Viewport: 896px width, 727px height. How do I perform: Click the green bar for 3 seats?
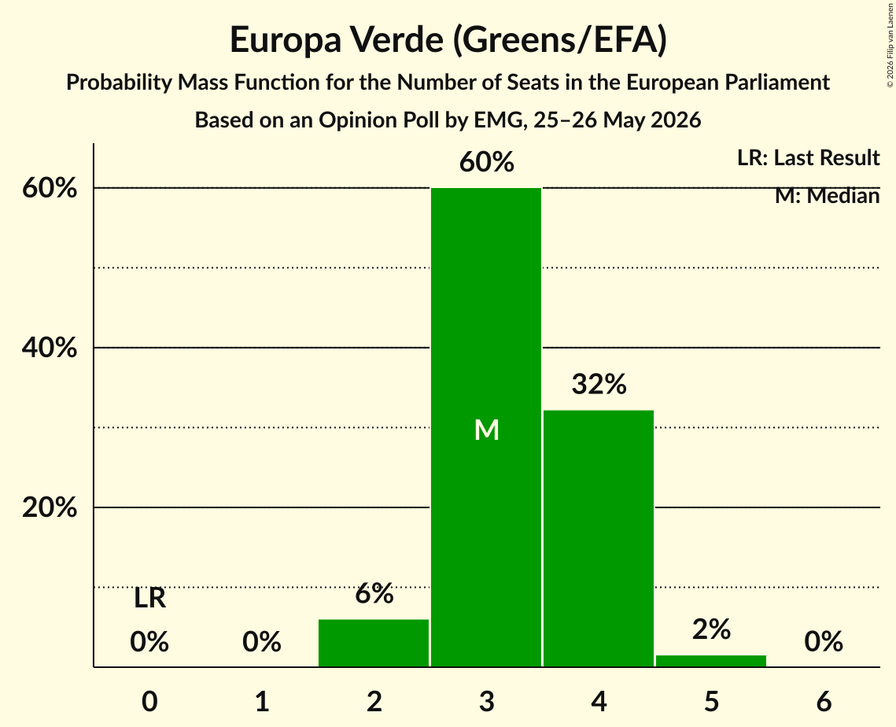(485, 427)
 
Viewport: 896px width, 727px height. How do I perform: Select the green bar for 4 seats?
(599, 538)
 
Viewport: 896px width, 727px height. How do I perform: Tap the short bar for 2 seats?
(374, 643)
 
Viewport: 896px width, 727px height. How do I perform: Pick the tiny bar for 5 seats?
(711, 661)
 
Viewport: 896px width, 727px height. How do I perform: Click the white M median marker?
(487, 430)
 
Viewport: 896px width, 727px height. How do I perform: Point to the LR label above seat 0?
(149, 599)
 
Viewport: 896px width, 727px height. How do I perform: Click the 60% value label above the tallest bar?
(487, 162)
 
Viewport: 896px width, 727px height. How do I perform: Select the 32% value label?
(599, 384)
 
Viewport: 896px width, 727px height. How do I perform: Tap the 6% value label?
(374, 593)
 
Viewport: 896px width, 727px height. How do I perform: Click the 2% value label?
(711, 629)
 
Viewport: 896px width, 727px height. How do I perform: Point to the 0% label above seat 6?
(824, 641)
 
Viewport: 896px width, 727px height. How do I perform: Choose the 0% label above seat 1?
(262, 641)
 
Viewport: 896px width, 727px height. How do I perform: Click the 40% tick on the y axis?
(50, 348)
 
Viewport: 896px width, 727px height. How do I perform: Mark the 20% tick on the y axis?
(50, 507)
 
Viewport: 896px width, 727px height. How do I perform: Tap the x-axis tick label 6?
(824, 701)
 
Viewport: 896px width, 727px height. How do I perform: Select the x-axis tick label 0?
(149, 701)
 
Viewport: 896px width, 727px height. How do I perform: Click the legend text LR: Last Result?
(808, 157)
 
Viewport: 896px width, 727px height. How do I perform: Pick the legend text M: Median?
(827, 196)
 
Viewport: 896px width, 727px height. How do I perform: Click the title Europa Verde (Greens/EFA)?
(448, 40)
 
